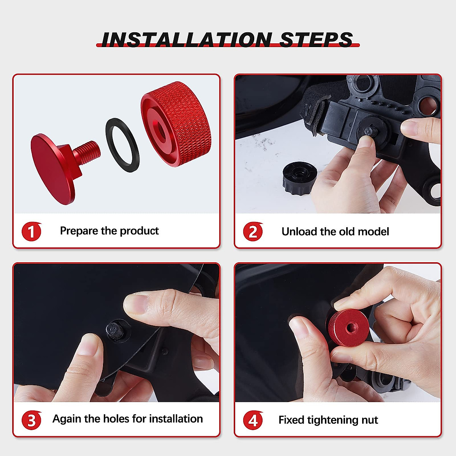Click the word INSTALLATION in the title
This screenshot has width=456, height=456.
[x=186, y=40]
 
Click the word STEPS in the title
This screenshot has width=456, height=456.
[x=316, y=40]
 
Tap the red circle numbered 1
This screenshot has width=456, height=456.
[x=31, y=231]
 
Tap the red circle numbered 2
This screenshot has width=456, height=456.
[x=253, y=231]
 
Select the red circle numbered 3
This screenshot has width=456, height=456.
[x=31, y=420]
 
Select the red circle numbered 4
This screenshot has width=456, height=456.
[x=253, y=420]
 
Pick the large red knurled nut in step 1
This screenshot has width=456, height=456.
[x=176, y=124]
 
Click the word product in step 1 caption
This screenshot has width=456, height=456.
[x=139, y=231]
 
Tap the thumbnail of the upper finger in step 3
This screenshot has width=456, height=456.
[x=136, y=304]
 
